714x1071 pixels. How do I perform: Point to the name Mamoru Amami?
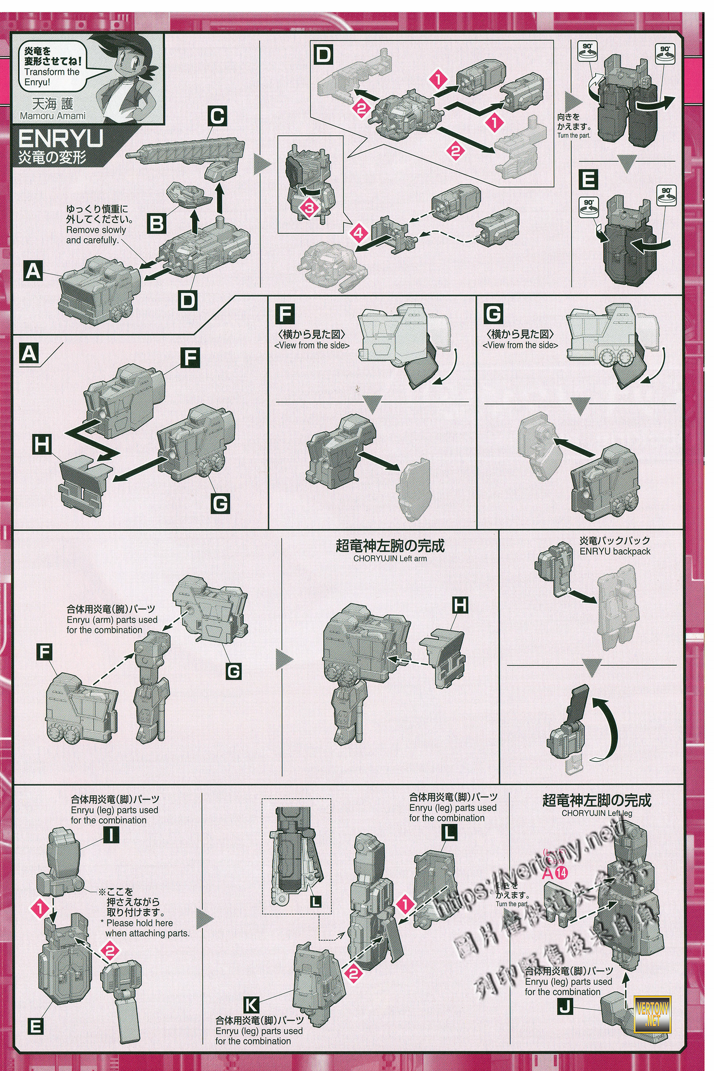pyautogui.click(x=52, y=116)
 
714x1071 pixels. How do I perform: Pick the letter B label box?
pyautogui.click(x=157, y=224)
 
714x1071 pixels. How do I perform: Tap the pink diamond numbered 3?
pyautogui.click(x=309, y=208)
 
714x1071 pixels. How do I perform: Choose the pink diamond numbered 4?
pyautogui.click(x=358, y=233)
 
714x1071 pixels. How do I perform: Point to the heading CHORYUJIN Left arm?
pyautogui.click(x=390, y=558)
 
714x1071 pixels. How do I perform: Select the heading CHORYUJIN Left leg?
pyautogui.click(x=597, y=813)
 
